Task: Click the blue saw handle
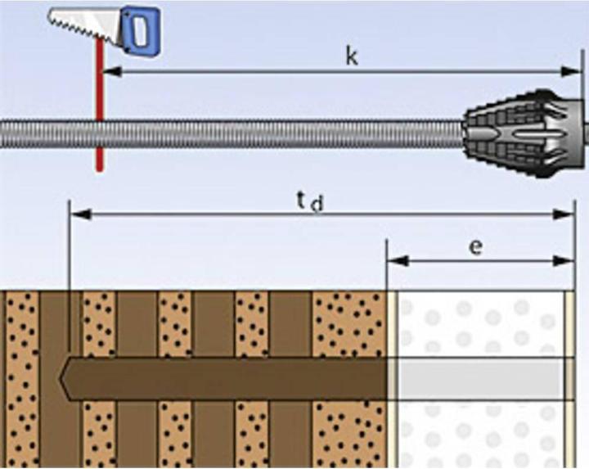pos(141,27)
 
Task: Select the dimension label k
pos(351,57)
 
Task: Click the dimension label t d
pos(310,200)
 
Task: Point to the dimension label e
pos(475,246)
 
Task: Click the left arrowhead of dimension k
pos(110,72)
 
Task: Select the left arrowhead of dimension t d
pos(80,214)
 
